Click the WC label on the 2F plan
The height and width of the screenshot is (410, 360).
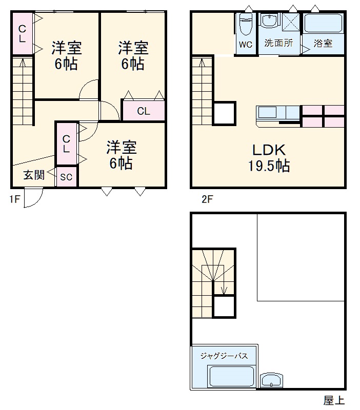(246, 44)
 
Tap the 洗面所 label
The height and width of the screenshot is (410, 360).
(278, 44)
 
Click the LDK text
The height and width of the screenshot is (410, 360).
(268, 150)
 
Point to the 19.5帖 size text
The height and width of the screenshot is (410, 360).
(268, 166)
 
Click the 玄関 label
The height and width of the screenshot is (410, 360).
(33, 175)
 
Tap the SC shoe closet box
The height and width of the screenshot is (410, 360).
(66, 177)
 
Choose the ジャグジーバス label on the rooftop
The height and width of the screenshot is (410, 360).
(224, 356)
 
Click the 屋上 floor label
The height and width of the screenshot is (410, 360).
(334, 400)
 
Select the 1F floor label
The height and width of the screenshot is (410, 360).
(14, 199)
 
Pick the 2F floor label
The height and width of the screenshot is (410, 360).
(207, 199)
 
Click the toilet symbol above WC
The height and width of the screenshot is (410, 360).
(246, 23)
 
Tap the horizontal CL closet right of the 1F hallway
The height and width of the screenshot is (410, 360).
(143, 111)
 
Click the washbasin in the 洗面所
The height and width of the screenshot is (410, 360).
(269, 22)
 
